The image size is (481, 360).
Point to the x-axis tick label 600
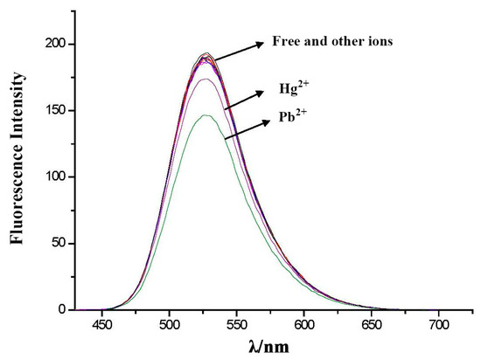pos(303,323)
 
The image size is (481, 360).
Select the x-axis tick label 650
pos(371,323)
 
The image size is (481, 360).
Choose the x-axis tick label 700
pos(437,323)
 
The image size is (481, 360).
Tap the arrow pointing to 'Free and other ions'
pos(237,51)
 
